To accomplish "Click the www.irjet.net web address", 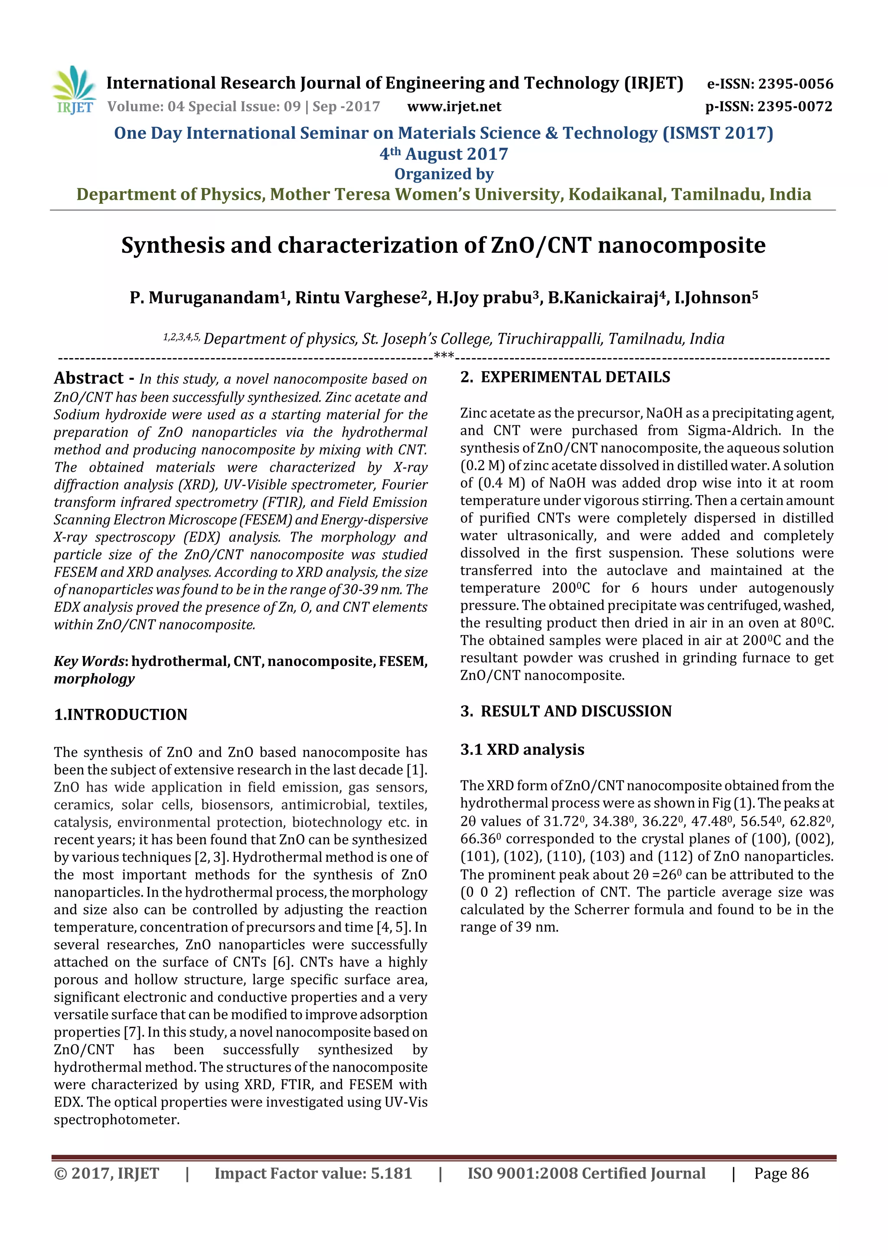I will click(x=454, y=107).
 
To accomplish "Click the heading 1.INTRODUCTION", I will click(x=121, y=714).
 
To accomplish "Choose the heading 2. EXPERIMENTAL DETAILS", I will click(x=565, y=377).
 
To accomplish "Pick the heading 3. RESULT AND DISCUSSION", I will click(x=566, y=711).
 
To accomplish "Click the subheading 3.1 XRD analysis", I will click(x=522, y=750).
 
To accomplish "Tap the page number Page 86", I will click(x=781, y=1173).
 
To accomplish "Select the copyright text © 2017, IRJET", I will click(x=106, y=1173).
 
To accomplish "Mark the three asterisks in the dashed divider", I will click(x=444, y=356).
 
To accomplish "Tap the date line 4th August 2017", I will click(x=444, y=154).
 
